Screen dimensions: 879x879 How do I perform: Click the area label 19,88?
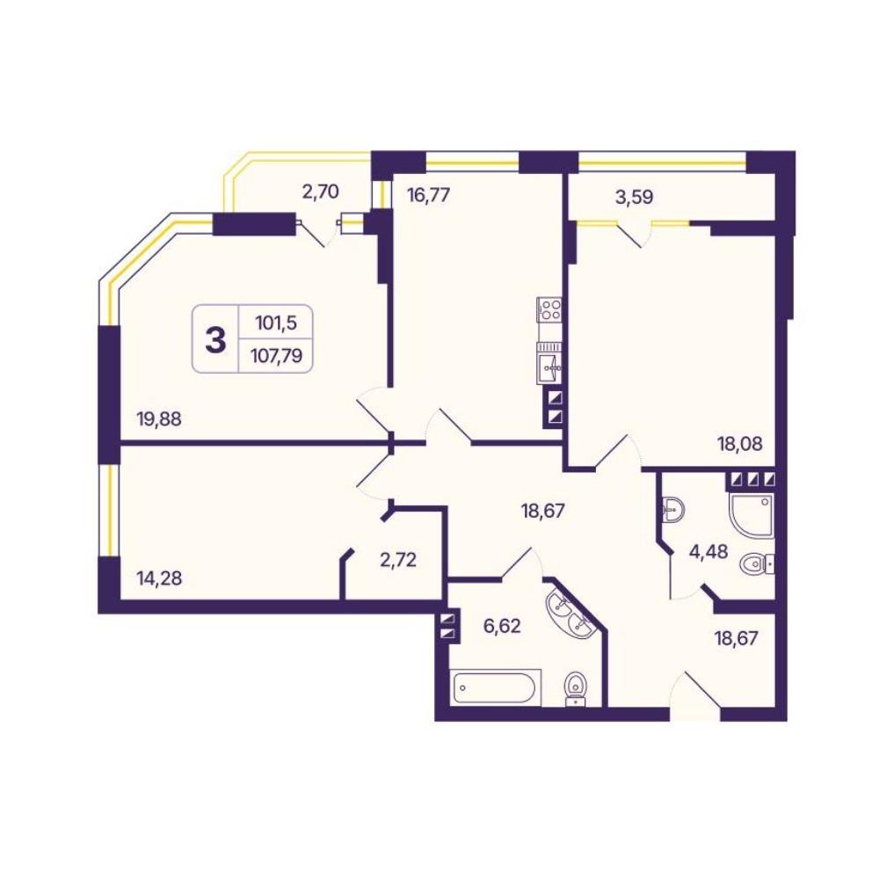point(159,418)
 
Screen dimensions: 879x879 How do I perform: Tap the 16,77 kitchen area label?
point(428,196)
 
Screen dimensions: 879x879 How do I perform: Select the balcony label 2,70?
point(320,192)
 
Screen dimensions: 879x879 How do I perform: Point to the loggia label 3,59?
point(634,197)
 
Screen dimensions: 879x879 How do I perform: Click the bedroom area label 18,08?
point(740,444)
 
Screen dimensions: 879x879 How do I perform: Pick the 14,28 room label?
point(159,578)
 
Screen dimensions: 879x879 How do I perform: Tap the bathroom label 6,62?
point(502,625)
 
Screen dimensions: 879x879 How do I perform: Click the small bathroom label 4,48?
point(708,551)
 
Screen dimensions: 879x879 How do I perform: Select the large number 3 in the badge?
point(215,339)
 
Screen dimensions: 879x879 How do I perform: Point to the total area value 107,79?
point(277,355)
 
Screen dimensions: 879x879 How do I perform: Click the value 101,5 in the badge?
point(276,323)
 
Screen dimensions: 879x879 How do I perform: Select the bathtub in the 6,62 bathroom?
point(494,687)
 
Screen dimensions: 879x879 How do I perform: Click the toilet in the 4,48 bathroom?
point(758,565)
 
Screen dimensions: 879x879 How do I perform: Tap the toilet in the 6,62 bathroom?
point(576,688)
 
